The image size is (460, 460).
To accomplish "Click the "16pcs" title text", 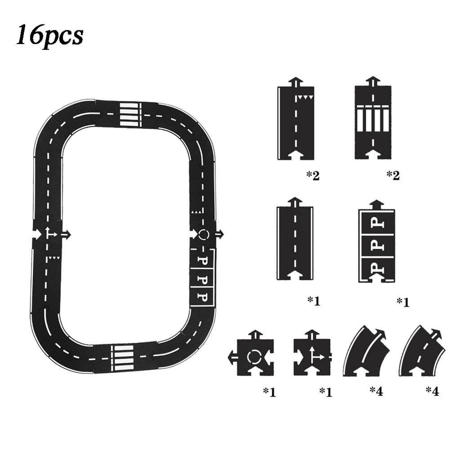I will tap(50, 35).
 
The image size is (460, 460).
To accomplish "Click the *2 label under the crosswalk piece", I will tap(393, 176).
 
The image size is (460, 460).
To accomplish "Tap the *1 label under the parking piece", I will tap(402, 302).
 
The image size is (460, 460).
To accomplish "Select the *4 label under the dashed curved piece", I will tap(432, 391).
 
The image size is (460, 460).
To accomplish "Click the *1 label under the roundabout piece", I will tap(269, 392).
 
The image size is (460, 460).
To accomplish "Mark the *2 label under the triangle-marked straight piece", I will tap(313, 176).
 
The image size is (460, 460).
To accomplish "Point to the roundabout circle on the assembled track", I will tap(203, 234).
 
